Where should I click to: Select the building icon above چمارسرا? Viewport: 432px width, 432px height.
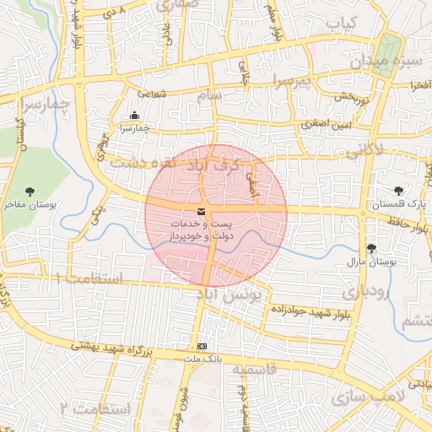tap(134, 116)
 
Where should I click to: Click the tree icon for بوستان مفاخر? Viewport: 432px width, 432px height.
tap(30, 192)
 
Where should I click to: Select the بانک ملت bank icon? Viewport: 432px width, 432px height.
tap(201, 346)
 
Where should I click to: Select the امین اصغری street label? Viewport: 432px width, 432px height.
tap(325, 125)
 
